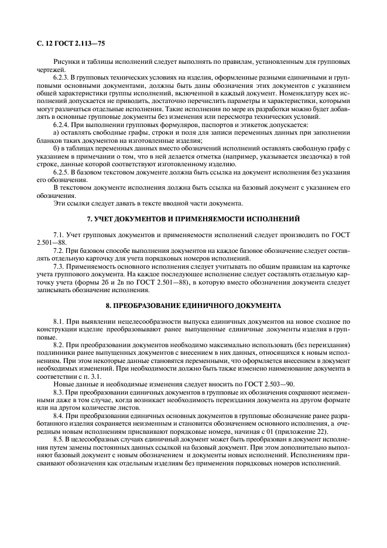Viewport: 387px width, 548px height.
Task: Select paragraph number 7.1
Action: tap(58, 234)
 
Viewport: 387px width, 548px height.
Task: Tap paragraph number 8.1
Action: tap(58, 321)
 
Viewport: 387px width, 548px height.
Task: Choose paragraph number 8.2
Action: tap(58, 345)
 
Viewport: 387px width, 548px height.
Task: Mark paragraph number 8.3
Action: tap(58, 393)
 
